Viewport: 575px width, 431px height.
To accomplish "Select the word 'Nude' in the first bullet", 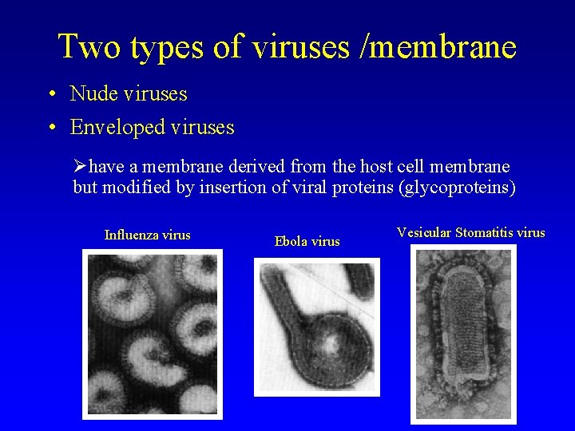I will coord(92,93).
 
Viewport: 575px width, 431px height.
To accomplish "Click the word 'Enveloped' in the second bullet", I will coord(117,127).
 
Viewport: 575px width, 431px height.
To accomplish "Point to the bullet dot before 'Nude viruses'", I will coord(50,94).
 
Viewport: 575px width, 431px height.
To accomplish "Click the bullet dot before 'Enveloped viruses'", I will coord(50,128).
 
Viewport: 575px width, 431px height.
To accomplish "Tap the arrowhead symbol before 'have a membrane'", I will coord(80,168).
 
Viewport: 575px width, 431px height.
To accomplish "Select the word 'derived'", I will coord(257,168).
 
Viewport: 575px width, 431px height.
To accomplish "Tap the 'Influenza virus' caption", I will coord(148,235).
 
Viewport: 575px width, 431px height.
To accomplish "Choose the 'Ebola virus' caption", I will coord(307,241).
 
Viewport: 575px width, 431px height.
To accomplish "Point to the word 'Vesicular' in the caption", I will coord(424,233).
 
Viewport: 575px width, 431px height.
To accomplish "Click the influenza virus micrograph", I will coord(153,334).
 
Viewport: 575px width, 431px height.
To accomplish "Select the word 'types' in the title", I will coord(169,48).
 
